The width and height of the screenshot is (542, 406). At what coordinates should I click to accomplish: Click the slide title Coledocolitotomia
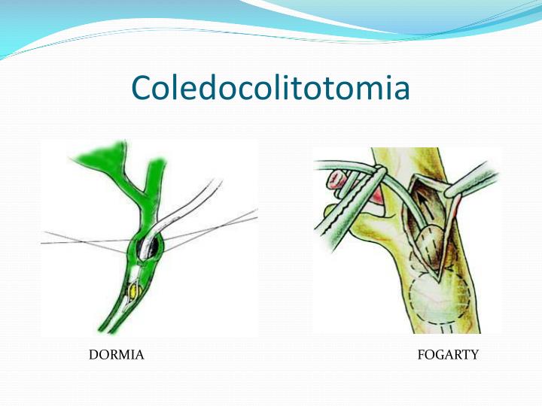coord(270,88)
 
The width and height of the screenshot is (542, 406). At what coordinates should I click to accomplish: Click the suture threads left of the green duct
coord(83,241)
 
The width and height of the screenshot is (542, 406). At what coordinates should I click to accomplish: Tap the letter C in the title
coord(142,89)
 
